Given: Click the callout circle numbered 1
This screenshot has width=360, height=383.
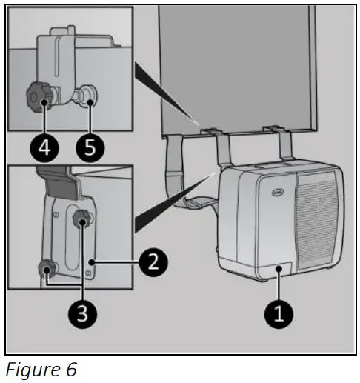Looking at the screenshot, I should click(x=279, y=313).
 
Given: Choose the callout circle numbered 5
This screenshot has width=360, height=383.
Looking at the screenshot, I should click(x=90, y=147).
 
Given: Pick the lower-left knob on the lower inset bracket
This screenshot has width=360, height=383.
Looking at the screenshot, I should click(x=48, y=268).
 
